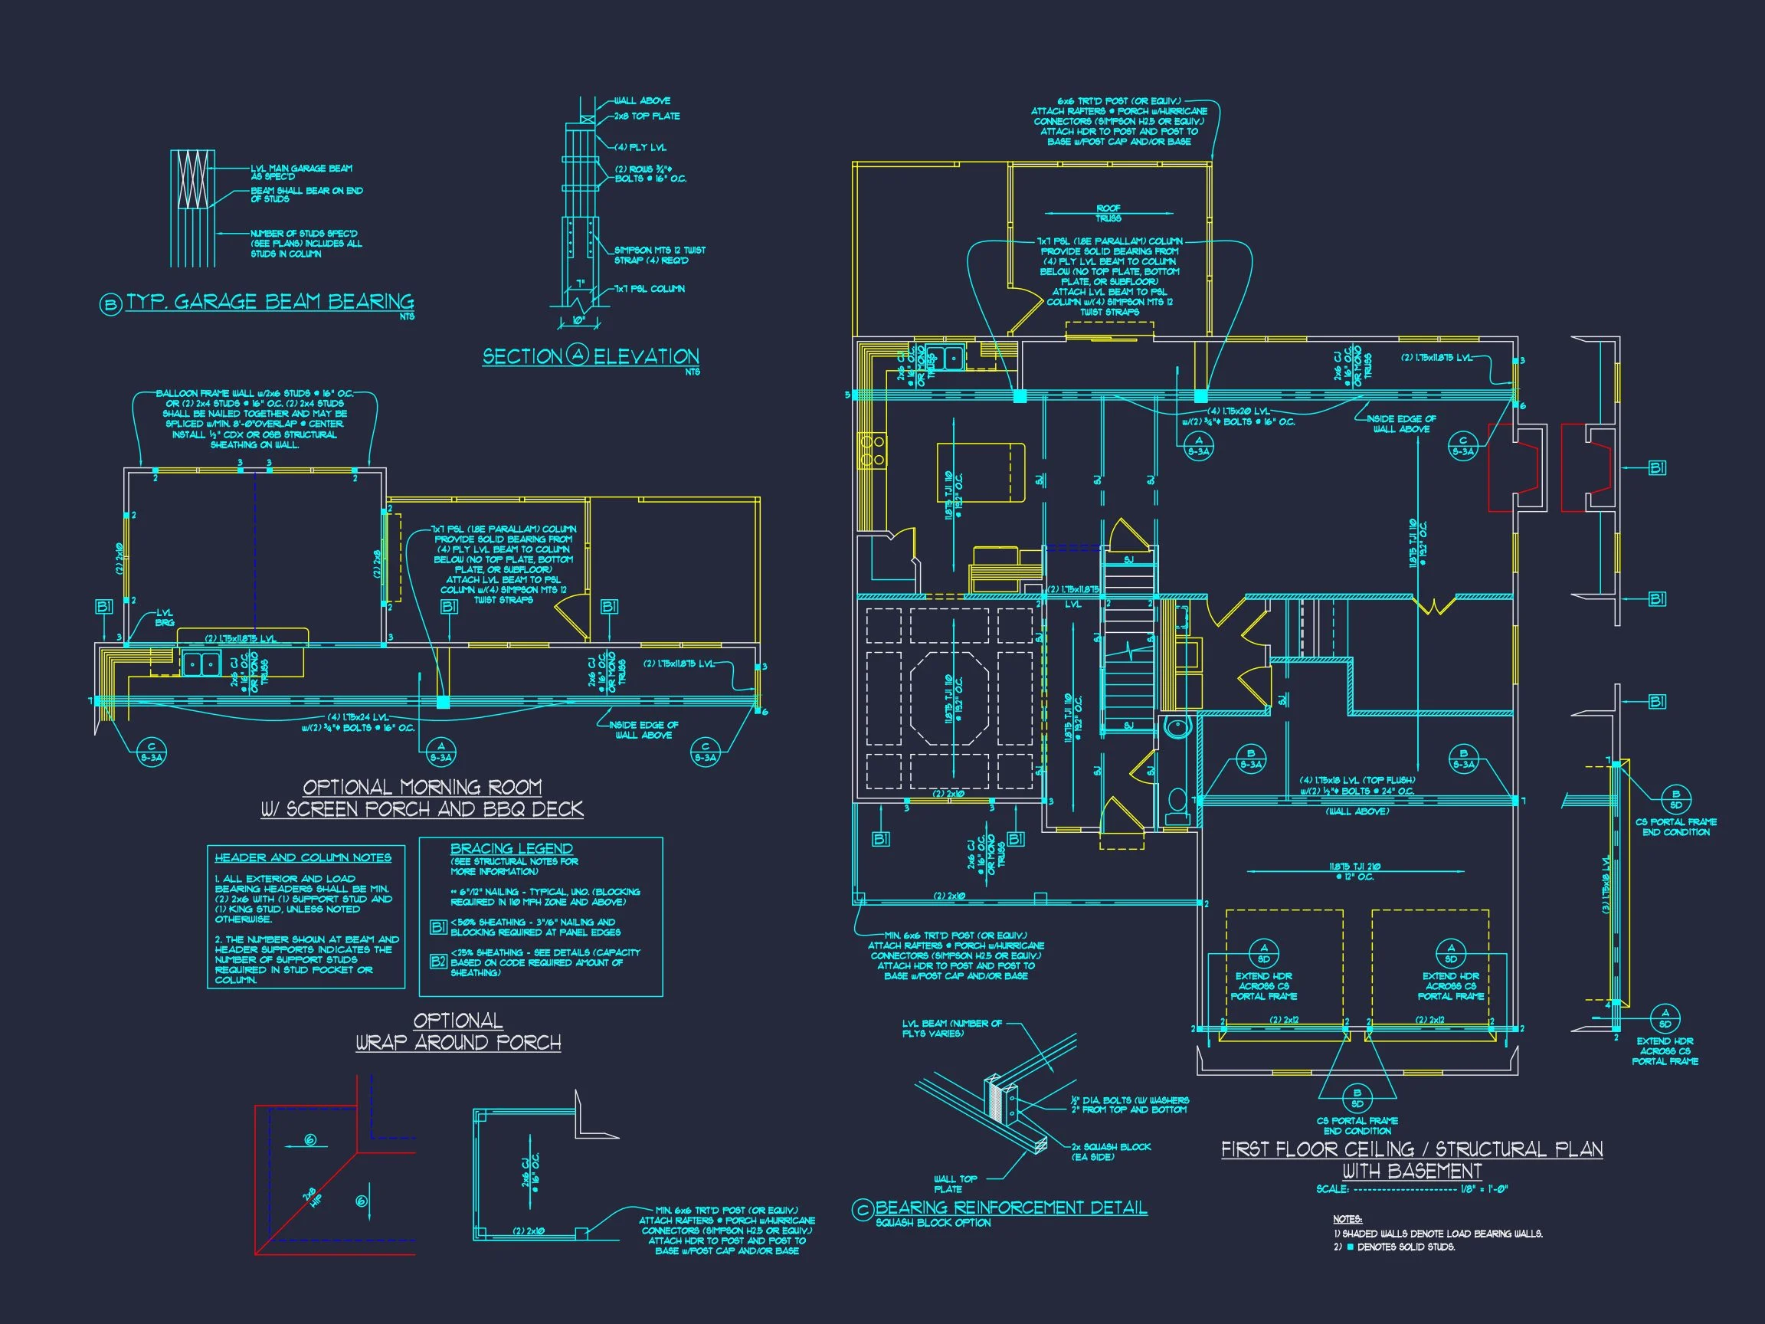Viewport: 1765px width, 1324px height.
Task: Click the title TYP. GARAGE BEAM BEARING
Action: pos(270,303)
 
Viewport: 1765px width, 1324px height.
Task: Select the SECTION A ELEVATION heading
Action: pos(591,356)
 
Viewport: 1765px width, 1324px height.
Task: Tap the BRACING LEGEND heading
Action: pos(512,848)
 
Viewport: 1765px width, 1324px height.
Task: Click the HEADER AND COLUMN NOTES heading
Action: pos(303,857)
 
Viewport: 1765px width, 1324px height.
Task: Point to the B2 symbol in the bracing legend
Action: pos(438,962)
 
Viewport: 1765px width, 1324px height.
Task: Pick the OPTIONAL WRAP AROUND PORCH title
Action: pos(458,1031)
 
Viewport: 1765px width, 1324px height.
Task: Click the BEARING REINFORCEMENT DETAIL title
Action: pos(1011,1208)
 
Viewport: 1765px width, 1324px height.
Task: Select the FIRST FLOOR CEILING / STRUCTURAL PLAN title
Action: pos(1412,1149)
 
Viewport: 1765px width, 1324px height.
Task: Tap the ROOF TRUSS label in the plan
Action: pos(1108,213)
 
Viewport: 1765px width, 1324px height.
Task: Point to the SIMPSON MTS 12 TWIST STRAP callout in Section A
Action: pos(659,254)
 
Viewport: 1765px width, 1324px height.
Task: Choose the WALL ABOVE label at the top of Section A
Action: pos(641,100)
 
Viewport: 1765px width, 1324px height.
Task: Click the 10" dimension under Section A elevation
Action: pos(578,321)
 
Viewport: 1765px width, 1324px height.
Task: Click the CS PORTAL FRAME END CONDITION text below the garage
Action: pos(1357,1126)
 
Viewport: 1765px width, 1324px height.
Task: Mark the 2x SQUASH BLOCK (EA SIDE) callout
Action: pos(1111,1152)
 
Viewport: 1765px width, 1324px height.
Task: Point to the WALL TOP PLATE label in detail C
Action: pos(955,1184)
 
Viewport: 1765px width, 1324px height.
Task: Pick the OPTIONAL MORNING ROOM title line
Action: pos(422,787)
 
